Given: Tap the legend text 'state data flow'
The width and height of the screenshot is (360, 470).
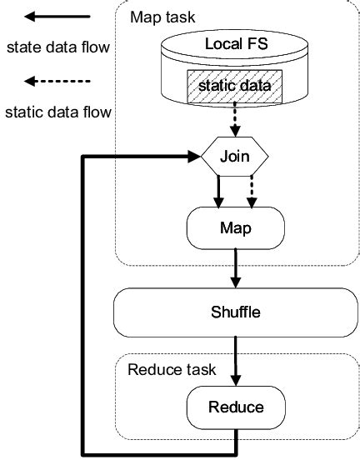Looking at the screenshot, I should [57, 47].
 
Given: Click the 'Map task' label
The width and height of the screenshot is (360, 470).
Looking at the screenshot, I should [159, 17].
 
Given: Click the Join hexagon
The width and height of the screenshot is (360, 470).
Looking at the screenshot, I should [236, 155].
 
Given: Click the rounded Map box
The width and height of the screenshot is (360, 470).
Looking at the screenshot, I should [236, 227].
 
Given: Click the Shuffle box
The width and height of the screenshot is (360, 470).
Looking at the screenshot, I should [236, 312].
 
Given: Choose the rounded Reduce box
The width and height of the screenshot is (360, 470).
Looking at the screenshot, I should [236, 407].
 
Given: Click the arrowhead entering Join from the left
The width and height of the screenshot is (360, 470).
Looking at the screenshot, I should [193, 156].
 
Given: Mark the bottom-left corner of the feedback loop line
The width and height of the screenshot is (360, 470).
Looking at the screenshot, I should [82, 453].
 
